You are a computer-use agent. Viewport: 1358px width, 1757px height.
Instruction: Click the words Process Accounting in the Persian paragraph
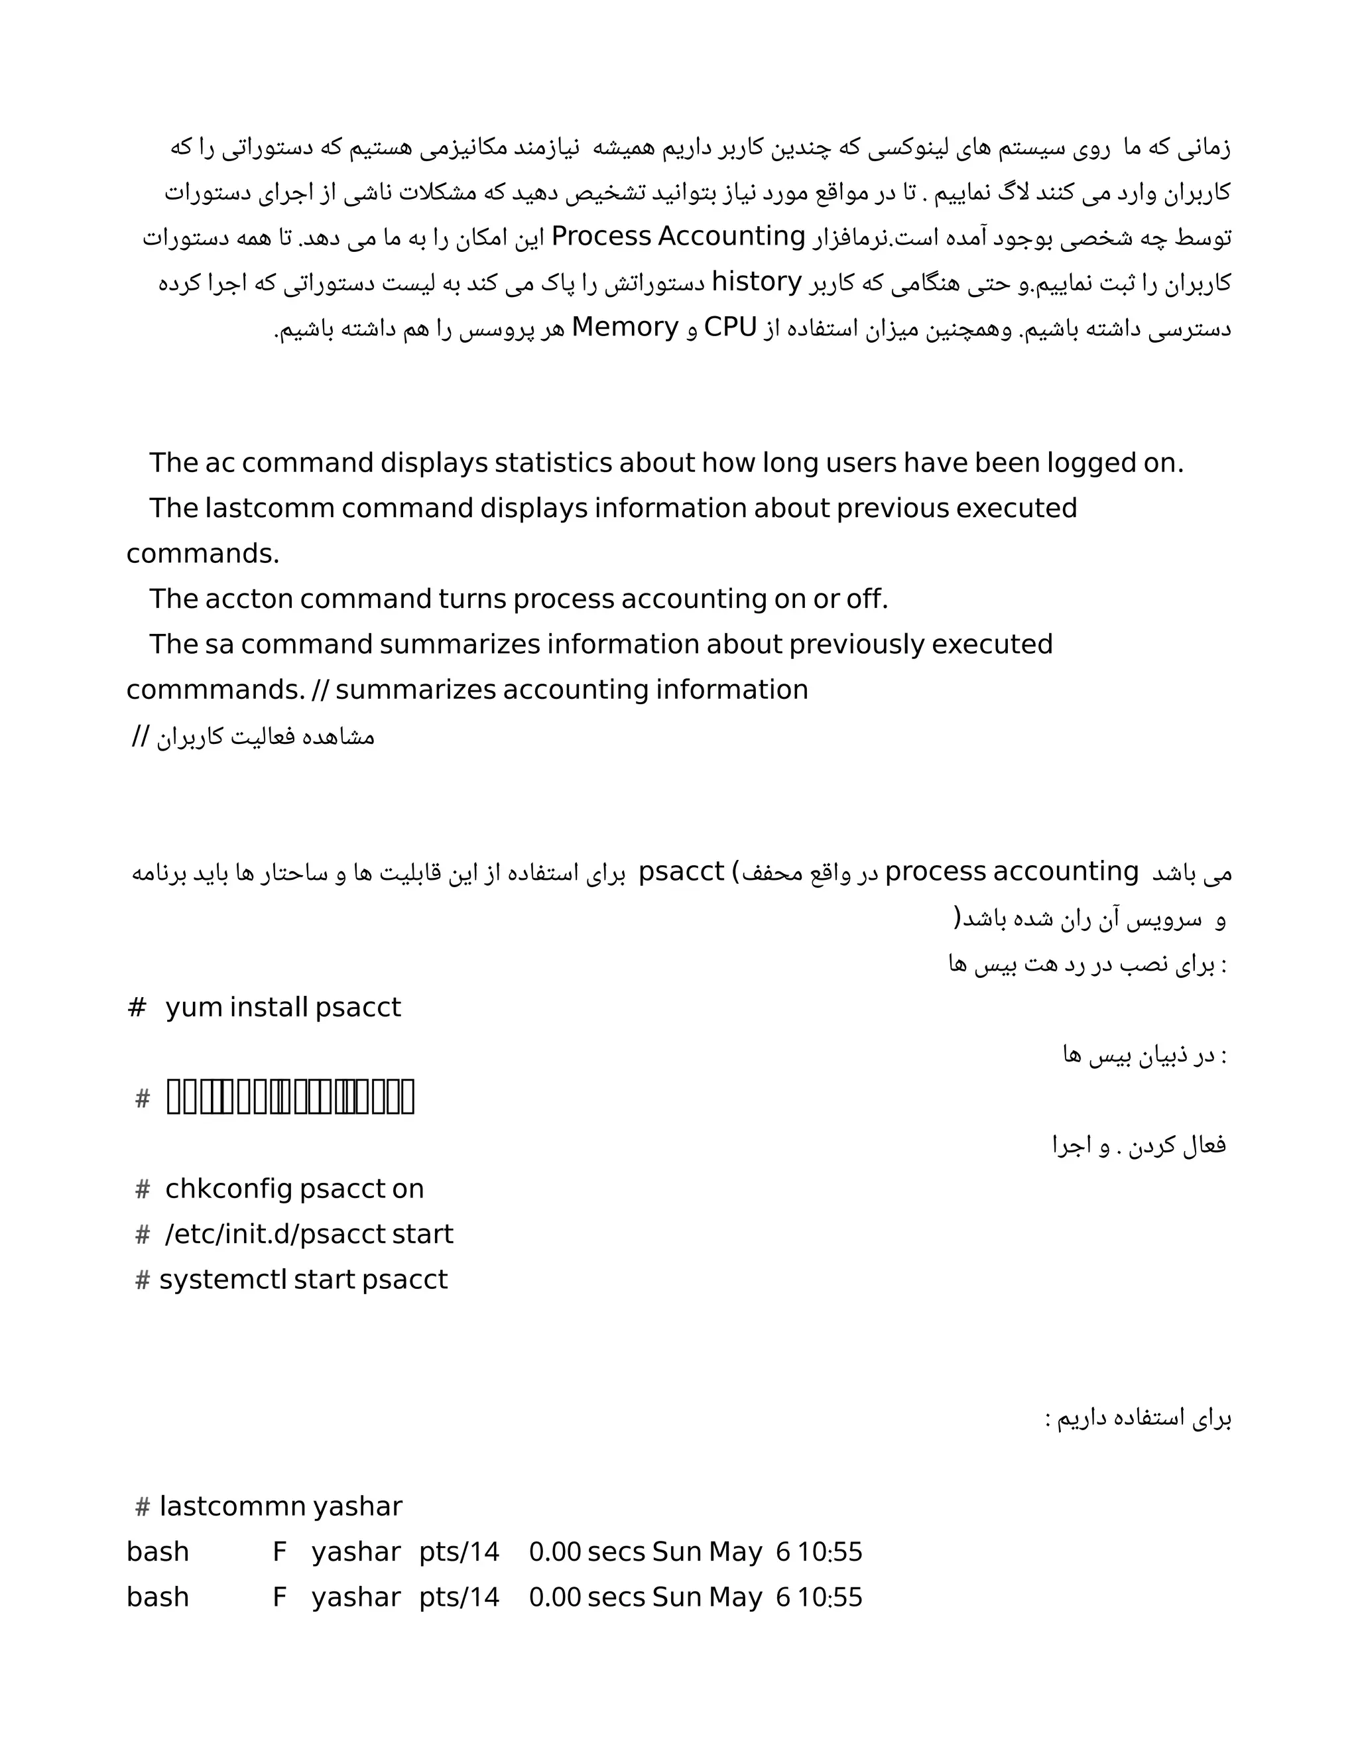click(678, 237)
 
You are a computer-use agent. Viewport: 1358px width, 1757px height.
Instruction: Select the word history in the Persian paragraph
click(757, 282)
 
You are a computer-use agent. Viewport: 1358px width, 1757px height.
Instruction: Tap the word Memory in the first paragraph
click(625, 328)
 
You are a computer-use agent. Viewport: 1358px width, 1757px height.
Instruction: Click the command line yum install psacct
click(282, 1007)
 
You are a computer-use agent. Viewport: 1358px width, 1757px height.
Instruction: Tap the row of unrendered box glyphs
click(290, 1097)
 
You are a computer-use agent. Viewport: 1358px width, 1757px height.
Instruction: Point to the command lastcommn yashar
click(280, 1506)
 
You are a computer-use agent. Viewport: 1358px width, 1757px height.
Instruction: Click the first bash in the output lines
click(158, 1552)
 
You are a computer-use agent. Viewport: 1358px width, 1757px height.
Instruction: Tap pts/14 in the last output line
click(459, 1597)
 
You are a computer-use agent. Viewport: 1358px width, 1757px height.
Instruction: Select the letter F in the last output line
click(279, 1597)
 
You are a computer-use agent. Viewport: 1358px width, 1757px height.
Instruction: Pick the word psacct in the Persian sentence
click(682, 872)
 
